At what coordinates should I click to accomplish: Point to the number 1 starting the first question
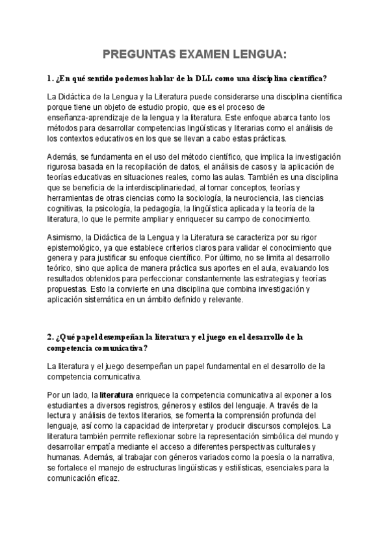(x=49, y=79)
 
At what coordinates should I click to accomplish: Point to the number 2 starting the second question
(x=49, y=337)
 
